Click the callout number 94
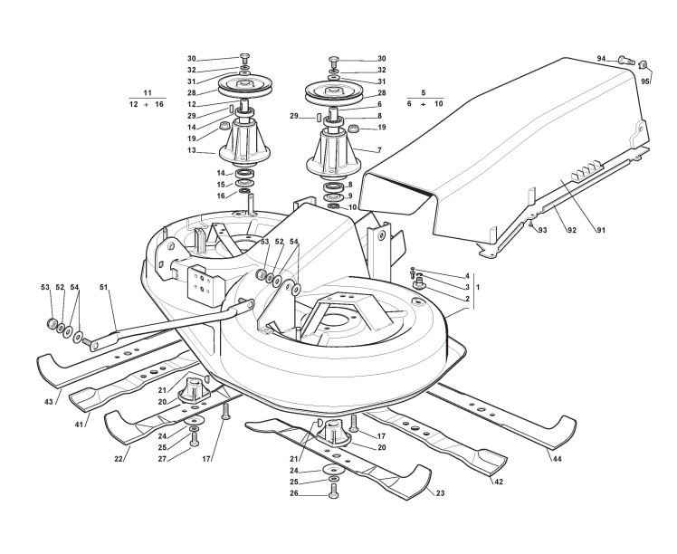pos(600,59)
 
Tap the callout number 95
pos(645,81)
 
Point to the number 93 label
pos(544,231)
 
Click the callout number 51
pos(104,288)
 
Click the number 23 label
pos(440,493)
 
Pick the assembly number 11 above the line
pos(148,92)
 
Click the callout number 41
pos(79,425)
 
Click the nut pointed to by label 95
pos(644,65)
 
